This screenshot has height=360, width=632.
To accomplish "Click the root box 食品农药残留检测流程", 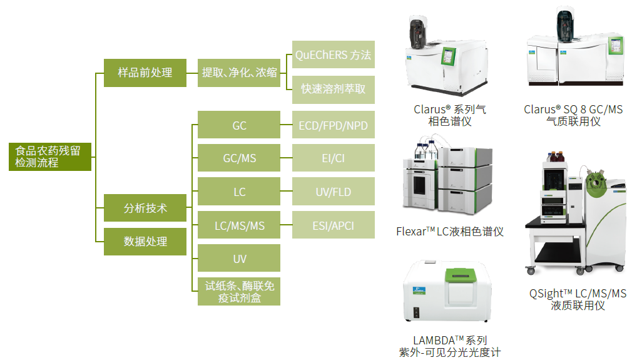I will click(x=50, y=157).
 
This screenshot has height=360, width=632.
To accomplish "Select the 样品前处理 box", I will click(x=145, y=73).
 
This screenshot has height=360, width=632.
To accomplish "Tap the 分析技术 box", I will click(x=145, y=208).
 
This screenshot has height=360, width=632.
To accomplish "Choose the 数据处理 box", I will click(x=145, y=242).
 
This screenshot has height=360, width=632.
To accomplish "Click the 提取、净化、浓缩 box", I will click(x=239, y=73).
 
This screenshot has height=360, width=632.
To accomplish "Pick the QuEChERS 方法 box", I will click(x=333, y=55).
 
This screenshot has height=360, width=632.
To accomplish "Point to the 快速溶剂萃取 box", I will click(x=333, y=90).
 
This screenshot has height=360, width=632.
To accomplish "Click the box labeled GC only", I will click(x=239, y=125).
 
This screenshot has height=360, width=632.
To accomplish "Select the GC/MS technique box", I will click(x=239, y=158).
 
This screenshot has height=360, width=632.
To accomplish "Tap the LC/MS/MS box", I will click(x=239, y=225).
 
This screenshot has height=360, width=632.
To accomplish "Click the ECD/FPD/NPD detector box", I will click(x=333, y=125).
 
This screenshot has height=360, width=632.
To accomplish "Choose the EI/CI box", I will click(x=333, y=158).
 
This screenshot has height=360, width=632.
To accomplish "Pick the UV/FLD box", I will click(x=333, y=192).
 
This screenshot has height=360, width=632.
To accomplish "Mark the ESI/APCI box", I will click(x=333, y=225).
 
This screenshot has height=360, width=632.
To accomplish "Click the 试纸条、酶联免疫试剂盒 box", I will click(x=239, y=292).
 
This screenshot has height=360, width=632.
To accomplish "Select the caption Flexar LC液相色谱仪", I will click(x=450, y=232).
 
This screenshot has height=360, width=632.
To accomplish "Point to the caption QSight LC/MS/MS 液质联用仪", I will click(x=578, y=299).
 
